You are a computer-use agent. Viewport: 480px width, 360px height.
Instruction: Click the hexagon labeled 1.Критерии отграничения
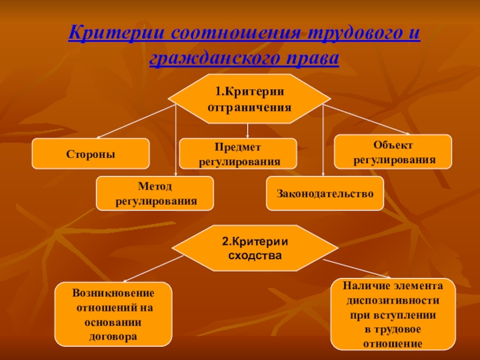(x=249, y=99)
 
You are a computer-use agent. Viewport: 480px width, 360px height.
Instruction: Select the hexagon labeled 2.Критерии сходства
(x=255, y=248)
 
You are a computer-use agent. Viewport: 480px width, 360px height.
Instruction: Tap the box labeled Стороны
(x=91, y=154)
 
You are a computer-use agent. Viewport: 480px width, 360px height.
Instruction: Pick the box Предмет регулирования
(x=238, y=154)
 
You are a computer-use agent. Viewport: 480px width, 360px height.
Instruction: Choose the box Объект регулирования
(x=393, y=152)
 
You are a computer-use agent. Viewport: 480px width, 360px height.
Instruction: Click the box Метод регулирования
(x=155, y=193)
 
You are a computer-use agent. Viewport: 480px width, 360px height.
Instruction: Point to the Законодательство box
(x=325, y=193)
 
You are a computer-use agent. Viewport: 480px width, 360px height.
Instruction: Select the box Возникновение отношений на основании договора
(x=113, y=314)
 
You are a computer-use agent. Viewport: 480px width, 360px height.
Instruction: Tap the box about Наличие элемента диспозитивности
(x=393, y=314)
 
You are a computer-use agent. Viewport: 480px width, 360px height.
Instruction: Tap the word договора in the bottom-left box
(x=113, y=336)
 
